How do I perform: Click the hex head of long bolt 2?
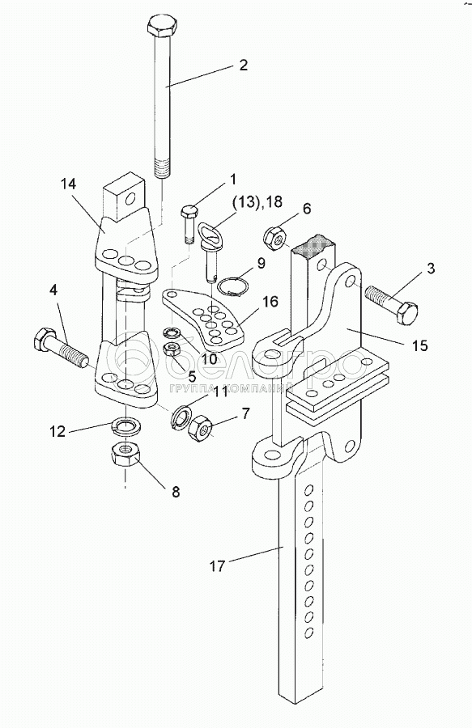tap(161, 26)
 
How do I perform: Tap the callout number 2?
tap(244, 65)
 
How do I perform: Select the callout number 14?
tap(68, 184)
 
